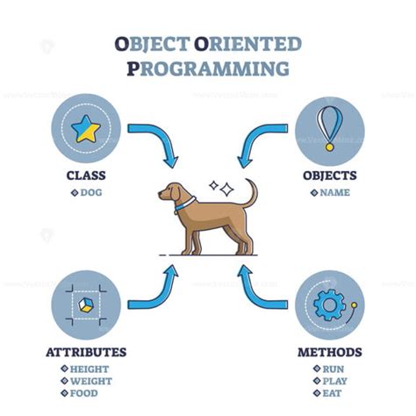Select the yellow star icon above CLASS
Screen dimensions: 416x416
click(85, 130)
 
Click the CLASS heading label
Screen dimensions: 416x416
click(86, 176)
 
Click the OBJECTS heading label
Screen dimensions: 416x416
click(329, 176)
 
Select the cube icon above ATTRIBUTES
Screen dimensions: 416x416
click(85, 304)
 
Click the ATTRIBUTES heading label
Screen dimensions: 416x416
click(86, 353)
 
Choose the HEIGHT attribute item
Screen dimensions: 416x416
click(90, 369)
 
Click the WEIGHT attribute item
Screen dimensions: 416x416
click(90, 382)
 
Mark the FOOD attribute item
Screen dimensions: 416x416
click(84, 394)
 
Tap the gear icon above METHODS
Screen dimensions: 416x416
click(329, 304)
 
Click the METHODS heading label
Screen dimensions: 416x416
click(329, 353)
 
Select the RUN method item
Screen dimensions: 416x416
click(334, 369)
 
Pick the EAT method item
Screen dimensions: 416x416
click(334, 394)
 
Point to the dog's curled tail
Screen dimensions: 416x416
click(252, 193)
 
